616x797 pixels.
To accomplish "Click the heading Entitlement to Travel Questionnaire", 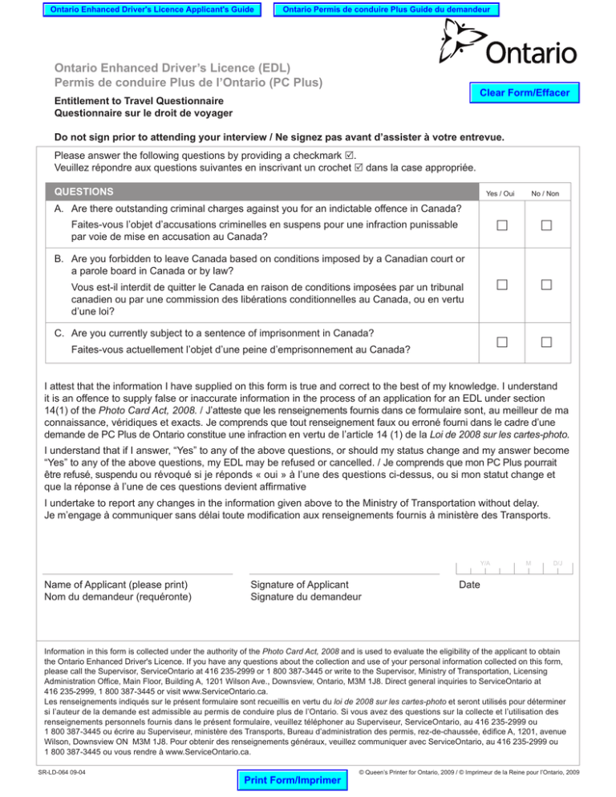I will [139, 102].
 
